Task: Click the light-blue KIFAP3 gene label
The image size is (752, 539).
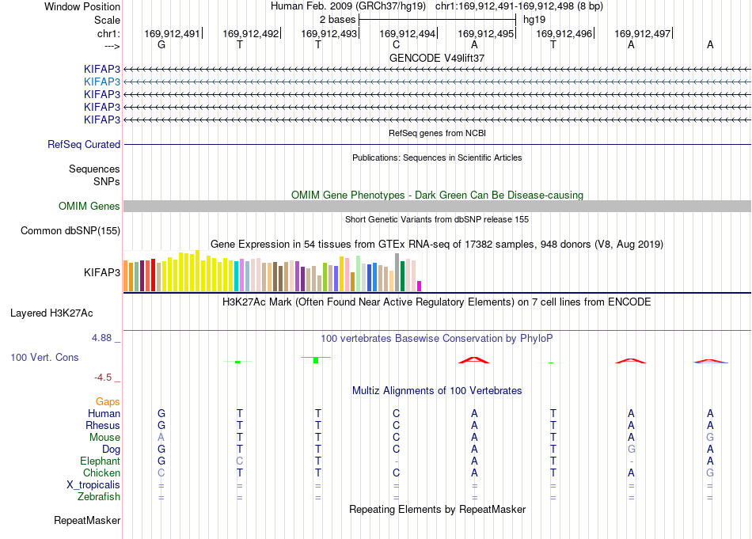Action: pyautogui.click(x=101, y=82)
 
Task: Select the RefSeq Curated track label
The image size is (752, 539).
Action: pyautogui.click(x=84, y=144)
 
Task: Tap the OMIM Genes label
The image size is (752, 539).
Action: pyautogui.click(x=89, y=207)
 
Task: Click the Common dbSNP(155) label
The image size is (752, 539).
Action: pyautogui.click(x=70, y=230)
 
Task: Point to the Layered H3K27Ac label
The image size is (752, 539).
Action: pyautogui.click(x=51, y=313)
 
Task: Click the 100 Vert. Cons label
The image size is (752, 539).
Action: pyautogui.click(x=44, y=357)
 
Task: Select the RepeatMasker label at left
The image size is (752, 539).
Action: pyautogui.click(x=87, y=520)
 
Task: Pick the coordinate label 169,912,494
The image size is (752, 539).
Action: pyautogui.click(x=407, y=33)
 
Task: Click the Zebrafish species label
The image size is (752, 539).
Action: pyautogui.click(x=99, y=497)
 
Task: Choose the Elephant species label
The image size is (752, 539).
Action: pyautogui.click(x=101, y=461)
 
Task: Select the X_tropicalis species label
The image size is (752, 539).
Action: pyautogui.click(x=93, y=485)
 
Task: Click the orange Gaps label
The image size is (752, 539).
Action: pyautogui.click(x=108, y=401)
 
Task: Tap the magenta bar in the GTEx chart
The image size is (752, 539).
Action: pyautogui.click(x=419, y=286)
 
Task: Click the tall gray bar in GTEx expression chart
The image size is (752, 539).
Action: pyautogui.click(x=397, y=272)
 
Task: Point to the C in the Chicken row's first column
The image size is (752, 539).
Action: pyautogui.click(x=161, y=473)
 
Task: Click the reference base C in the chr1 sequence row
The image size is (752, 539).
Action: pyautogui.click(x=396, y=44)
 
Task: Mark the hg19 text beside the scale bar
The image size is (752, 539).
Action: pyautogui.click(x=534, y=20)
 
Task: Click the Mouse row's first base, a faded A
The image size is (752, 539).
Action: pyautogui.click(x=161, y=438)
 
